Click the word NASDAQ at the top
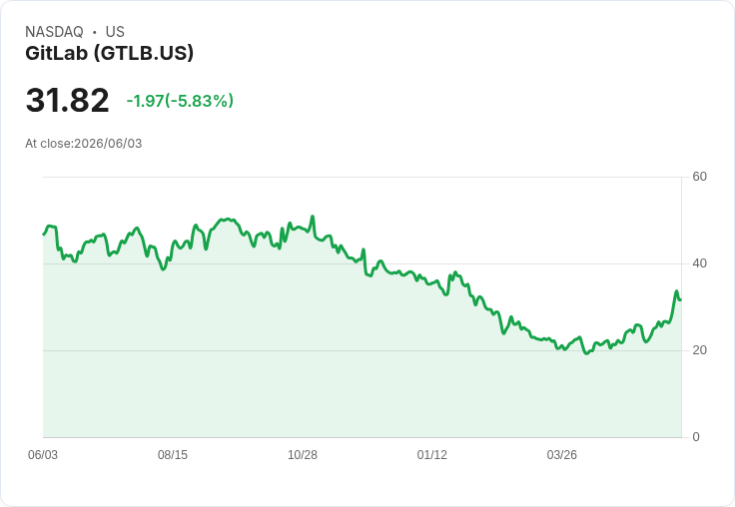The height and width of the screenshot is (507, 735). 54,32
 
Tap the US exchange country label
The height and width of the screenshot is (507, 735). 115,32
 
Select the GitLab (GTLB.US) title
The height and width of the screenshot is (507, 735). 109,53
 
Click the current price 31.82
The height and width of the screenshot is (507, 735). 68,100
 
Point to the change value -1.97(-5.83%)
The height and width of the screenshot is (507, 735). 180,101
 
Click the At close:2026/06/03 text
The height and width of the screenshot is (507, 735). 84,144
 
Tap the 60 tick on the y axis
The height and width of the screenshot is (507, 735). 699,177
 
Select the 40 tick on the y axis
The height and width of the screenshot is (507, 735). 699,263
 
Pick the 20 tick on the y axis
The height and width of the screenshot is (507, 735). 699,350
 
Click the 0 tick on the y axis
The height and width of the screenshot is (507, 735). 696,437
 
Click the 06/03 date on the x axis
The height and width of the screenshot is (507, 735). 43,455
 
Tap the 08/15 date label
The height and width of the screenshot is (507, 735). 173,455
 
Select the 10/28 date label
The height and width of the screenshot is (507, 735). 303,455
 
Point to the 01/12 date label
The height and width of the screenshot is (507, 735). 432,455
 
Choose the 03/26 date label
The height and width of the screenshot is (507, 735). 561,455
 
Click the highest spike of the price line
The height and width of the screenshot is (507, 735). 313,217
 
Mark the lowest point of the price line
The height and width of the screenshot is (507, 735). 586,353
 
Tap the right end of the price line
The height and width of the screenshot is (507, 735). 681,299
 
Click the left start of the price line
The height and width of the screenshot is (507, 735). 44,234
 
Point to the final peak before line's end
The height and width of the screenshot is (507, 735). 676,291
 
